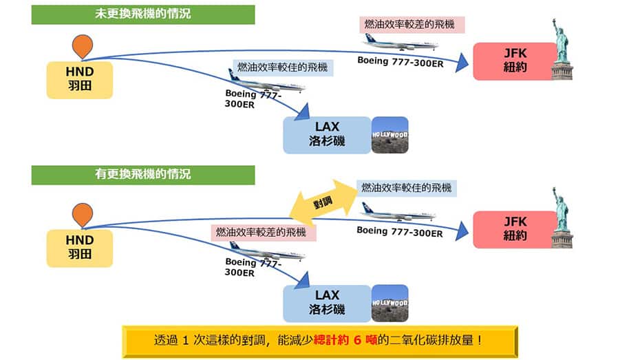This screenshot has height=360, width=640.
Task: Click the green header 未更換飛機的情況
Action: pos(143,14)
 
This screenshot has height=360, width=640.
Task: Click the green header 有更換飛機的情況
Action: pos(143,175)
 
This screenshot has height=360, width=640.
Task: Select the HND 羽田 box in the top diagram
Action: pos(80,78)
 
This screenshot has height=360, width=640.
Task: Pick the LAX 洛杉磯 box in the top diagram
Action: pos(327,135)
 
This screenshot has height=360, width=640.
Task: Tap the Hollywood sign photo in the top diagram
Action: pos(390,135)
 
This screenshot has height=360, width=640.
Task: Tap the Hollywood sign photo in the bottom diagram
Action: pos(390,304)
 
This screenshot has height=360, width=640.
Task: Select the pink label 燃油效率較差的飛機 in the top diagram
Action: pos(413,25)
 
